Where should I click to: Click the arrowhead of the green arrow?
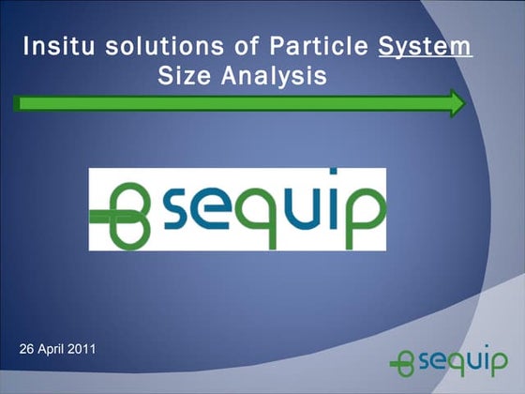[x=457, y=103]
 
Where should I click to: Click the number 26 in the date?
[x=27, y=350]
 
